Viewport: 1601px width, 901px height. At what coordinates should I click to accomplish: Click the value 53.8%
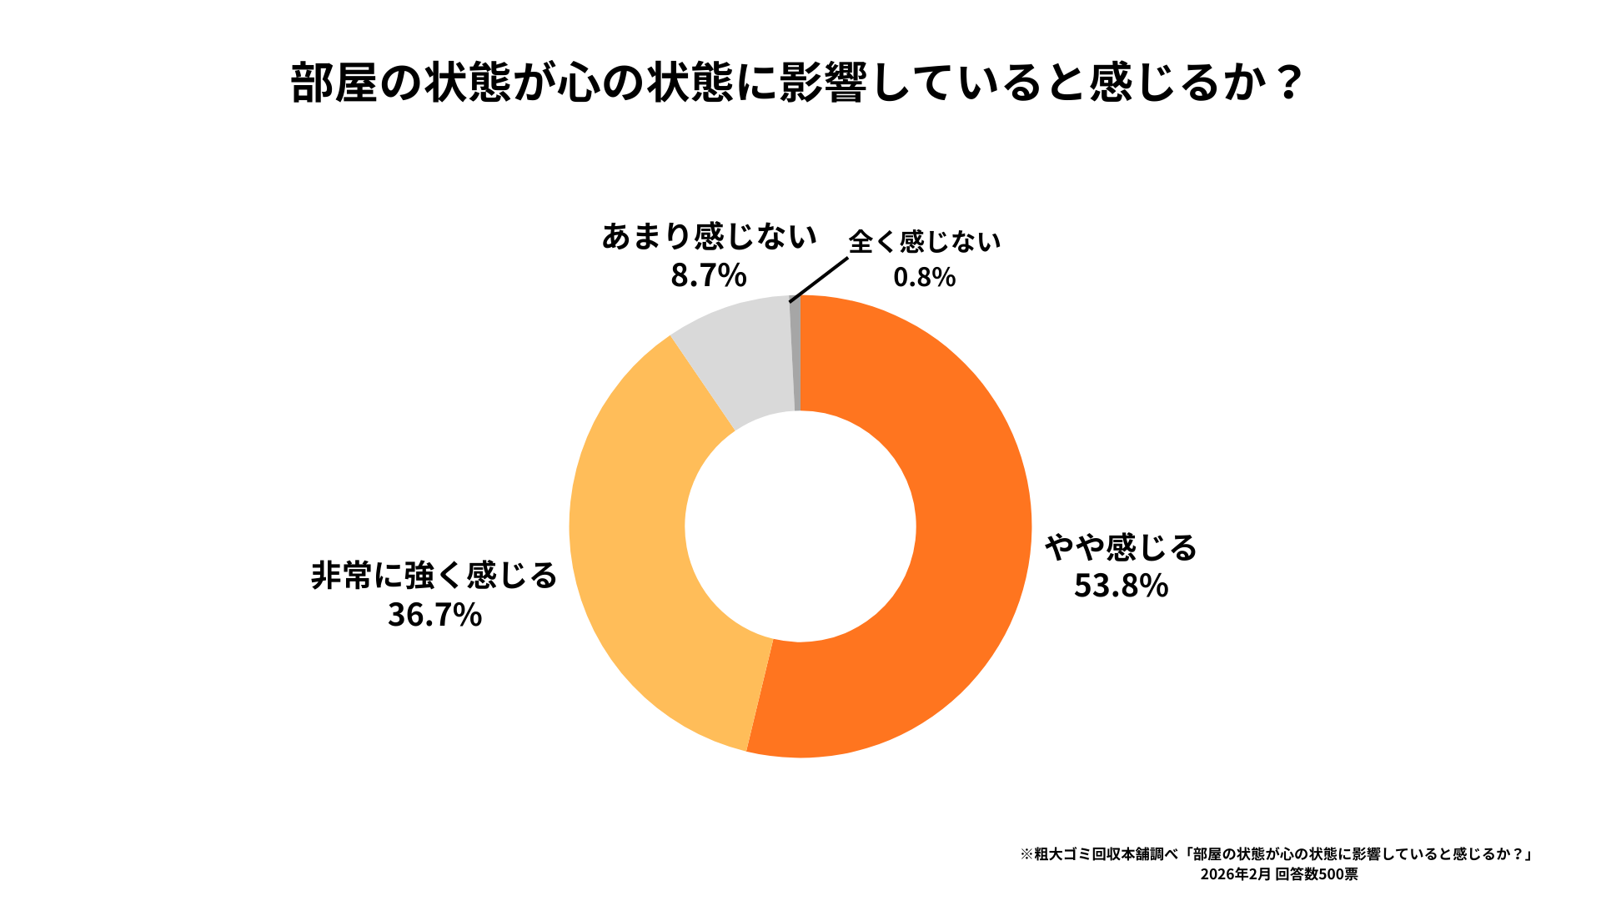(x=1121, y=586)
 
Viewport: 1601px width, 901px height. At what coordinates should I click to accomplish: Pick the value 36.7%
(x=434, y=615)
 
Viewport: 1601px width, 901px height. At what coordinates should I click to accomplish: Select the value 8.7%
(x=708, y=274)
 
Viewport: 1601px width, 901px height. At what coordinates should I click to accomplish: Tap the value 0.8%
(x=924, y=277)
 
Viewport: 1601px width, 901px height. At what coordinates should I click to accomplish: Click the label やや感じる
(x=1121, y=547)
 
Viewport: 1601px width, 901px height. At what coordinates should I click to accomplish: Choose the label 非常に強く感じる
(x=434, y=576)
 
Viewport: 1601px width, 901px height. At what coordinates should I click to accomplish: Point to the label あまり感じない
(x=709, y=237)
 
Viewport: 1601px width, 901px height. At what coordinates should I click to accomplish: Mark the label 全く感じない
(x=924, y=242)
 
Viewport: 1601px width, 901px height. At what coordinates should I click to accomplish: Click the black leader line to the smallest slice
(x=819, y=279)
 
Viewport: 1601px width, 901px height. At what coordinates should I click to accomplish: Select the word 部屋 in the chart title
(x=334, y=83)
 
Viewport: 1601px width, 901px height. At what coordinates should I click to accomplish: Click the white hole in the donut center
(x=800, y=526)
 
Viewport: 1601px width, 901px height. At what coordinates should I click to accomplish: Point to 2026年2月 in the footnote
(x=1235, y=874)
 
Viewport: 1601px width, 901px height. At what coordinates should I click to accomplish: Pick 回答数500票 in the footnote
(x=1317, y=874)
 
